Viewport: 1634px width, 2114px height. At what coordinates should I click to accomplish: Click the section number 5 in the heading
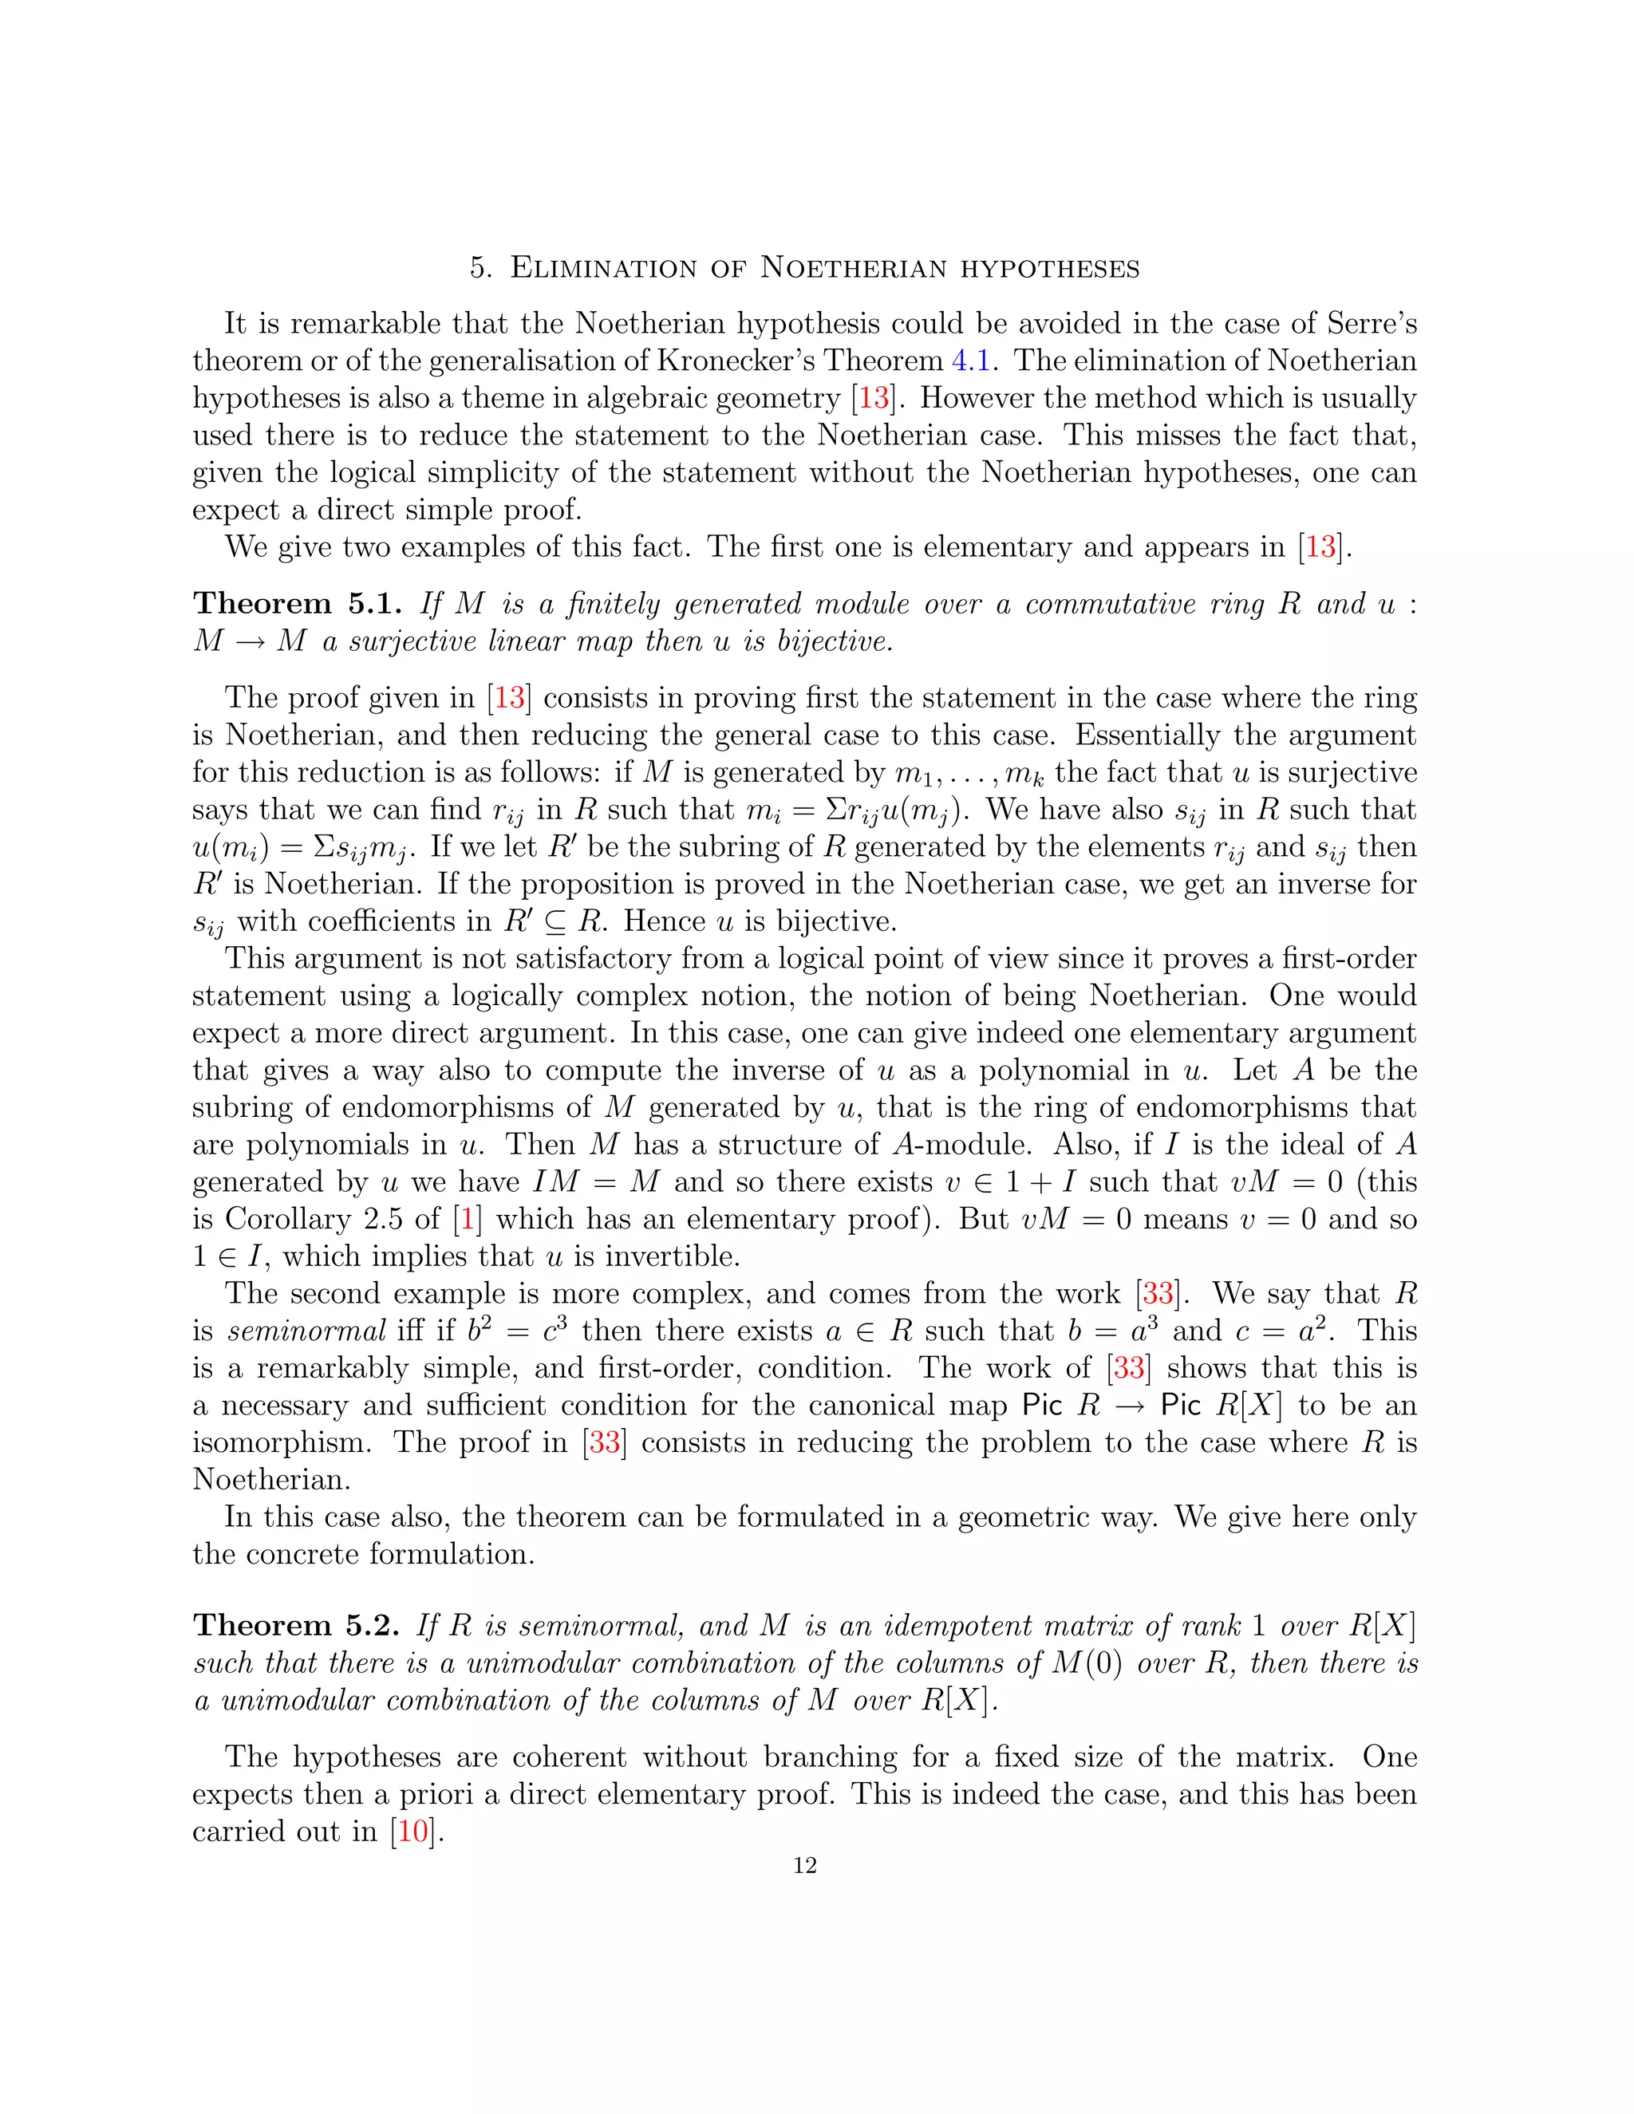coord(480,268)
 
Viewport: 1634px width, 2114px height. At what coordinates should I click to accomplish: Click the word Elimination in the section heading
coord(603,267)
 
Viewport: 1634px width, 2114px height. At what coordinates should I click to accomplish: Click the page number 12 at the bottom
coord(804,1866)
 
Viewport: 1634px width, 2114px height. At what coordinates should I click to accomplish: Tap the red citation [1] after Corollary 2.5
coord(468,1219)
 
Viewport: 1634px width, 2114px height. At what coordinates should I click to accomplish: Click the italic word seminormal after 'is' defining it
coord(307,1331)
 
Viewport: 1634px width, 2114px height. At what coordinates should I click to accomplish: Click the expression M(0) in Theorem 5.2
coord(1087,1663)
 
